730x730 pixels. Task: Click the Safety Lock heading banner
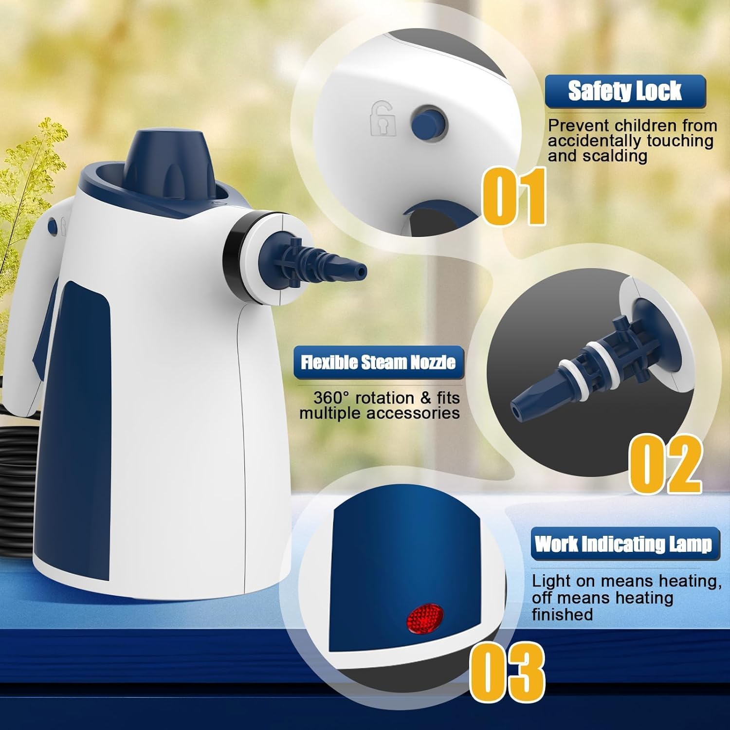(x=625, y=91)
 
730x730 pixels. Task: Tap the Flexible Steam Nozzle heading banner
(x=378, y=363)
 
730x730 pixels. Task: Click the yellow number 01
(x=514, y=196)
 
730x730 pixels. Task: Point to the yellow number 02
(x=665, y=463)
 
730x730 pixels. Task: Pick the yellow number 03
(x=507, y=672)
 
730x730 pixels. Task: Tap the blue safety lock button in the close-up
(x=428, y=122)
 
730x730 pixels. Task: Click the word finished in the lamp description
(x=562, y=614)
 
